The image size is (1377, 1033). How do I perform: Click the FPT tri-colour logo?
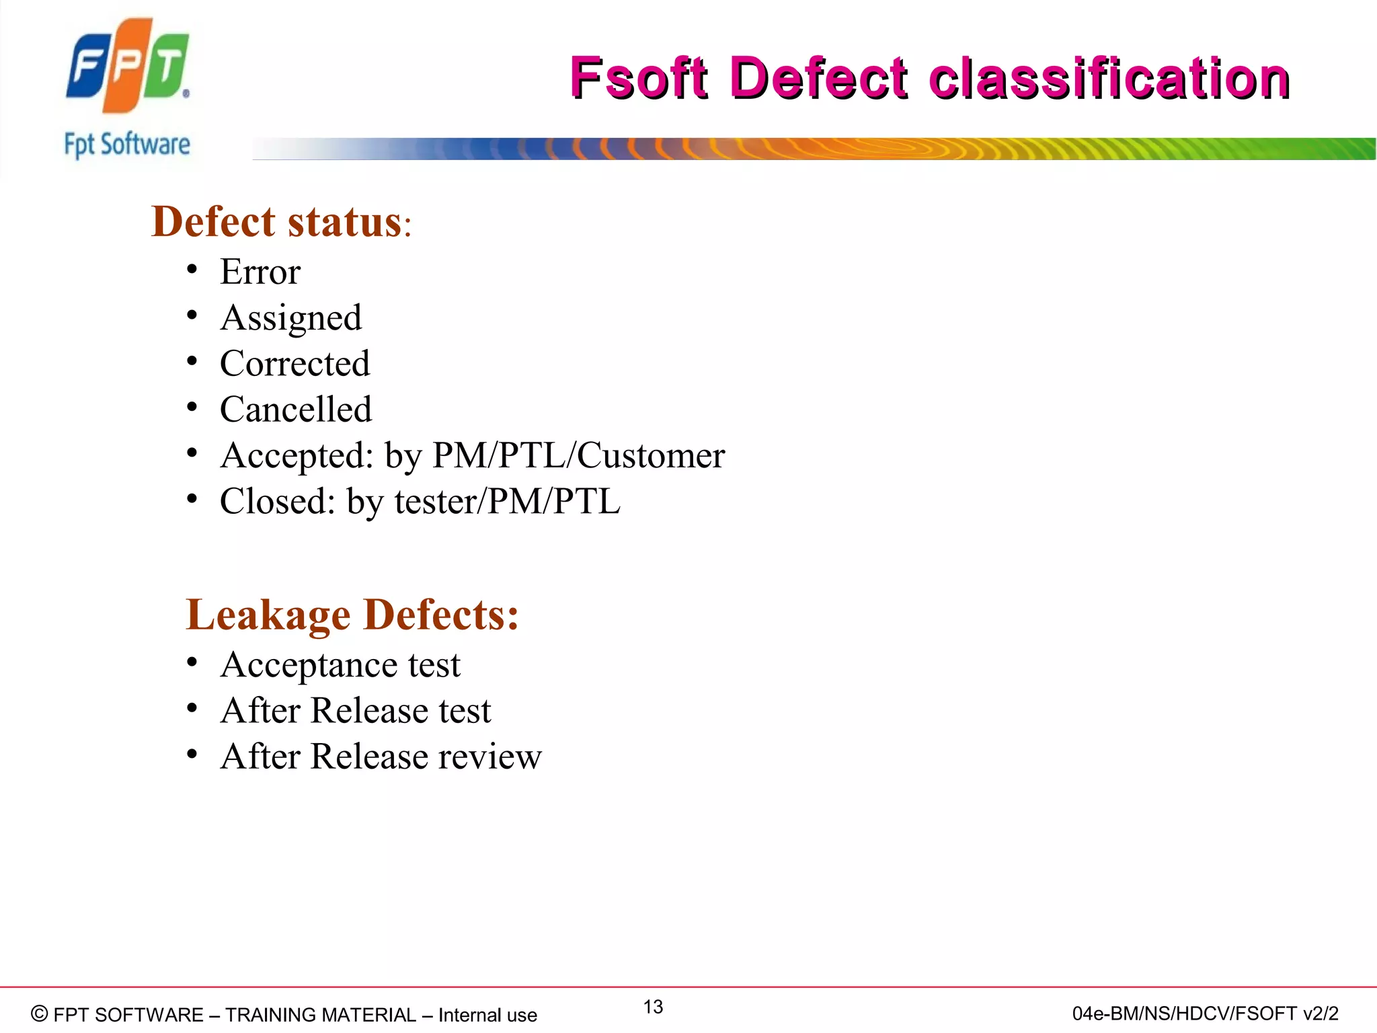click(x=128, y=65)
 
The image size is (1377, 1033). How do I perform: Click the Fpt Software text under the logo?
click(x=127, y=145)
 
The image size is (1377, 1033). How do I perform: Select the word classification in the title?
click(x=1109, y=79)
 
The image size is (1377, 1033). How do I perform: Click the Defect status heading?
click(x=280, y=222)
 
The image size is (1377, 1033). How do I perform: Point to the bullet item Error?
click(x=260, y=272)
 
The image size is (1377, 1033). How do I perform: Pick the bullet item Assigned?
click(x=291, y=318)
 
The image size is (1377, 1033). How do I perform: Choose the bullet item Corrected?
click(x=294, y=364)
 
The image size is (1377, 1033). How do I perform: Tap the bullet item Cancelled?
click(x=296, y=410)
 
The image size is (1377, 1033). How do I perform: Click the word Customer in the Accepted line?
click(x=651, y=455)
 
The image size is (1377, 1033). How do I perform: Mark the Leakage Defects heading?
click(x=352, y=615)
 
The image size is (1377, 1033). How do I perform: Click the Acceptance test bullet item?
click(x=340, y=665)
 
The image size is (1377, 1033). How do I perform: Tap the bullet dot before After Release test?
click(x=192, y=708)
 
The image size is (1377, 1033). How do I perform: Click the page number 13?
click(x=653, y=1007)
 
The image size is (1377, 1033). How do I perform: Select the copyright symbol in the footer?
click(x=40, y=1013)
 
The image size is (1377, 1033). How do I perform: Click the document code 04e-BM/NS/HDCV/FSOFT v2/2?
click(x=1205, y=1013)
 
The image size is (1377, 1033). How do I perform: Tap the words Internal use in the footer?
click(x=487, y=1015)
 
